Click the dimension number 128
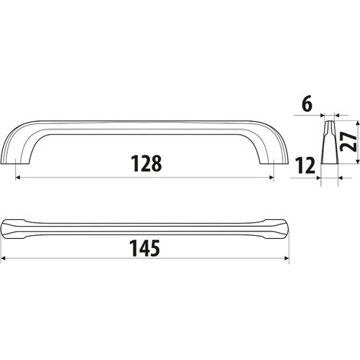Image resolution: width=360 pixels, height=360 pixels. (x=146, y=163)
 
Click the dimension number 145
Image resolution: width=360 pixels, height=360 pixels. (x=145, y=248)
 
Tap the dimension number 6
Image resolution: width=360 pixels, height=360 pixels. (x=307, y=104)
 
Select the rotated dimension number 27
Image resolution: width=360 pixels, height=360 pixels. (x=349, y=142)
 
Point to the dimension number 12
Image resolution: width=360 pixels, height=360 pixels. (x=305, y=165)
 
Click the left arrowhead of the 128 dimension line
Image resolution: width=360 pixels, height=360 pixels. (x=18, y=178)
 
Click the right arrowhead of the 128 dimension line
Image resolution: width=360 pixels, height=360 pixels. (x=271, y=178)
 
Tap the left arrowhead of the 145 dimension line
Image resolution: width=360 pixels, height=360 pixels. (x=3, y=258)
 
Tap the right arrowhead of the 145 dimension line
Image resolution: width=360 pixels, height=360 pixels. (x=286, y=258)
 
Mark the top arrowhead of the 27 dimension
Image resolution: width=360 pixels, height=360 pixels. (x=358, y=123)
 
